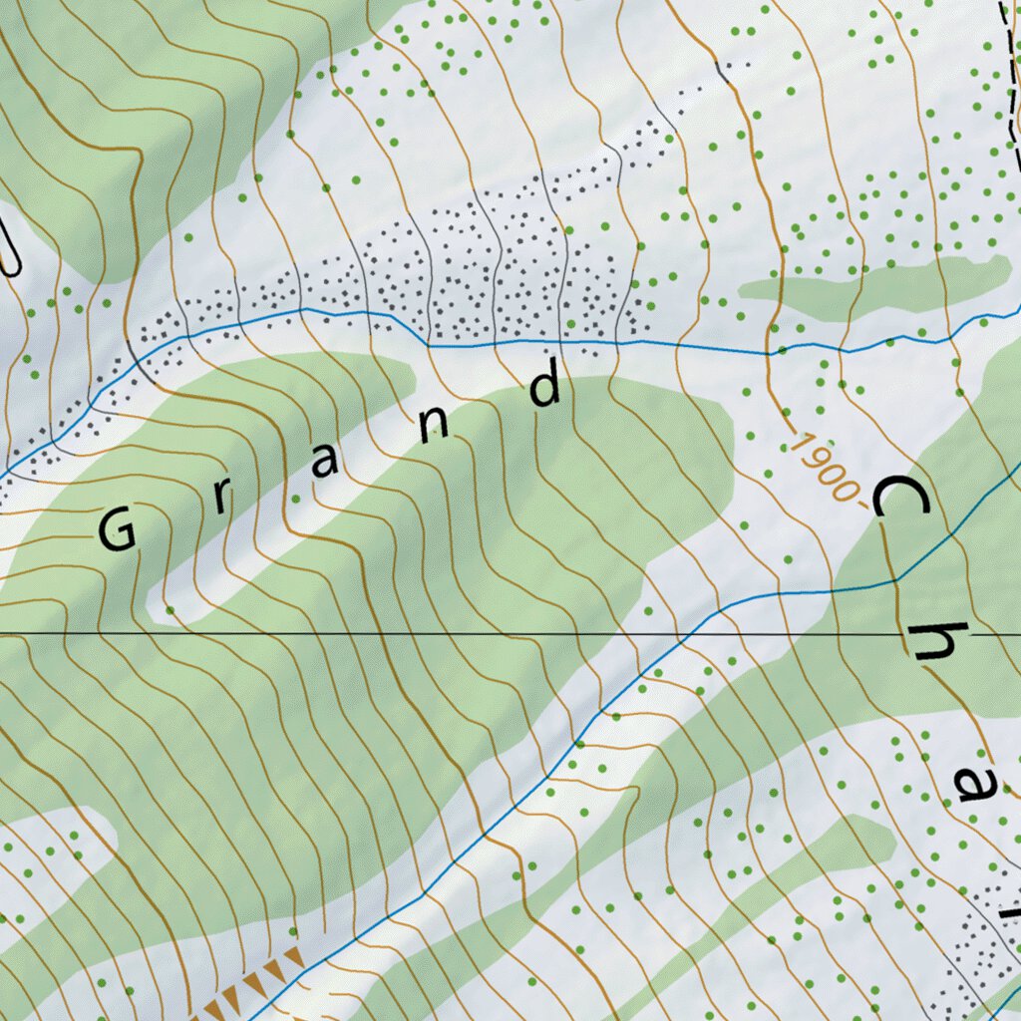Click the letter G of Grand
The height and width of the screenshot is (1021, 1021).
click(118, 529)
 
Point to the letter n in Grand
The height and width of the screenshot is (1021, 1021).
click(435, 425)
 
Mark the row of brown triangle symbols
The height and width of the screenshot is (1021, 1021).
click(254, 987)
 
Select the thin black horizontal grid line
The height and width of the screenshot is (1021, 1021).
click(399, 633)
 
